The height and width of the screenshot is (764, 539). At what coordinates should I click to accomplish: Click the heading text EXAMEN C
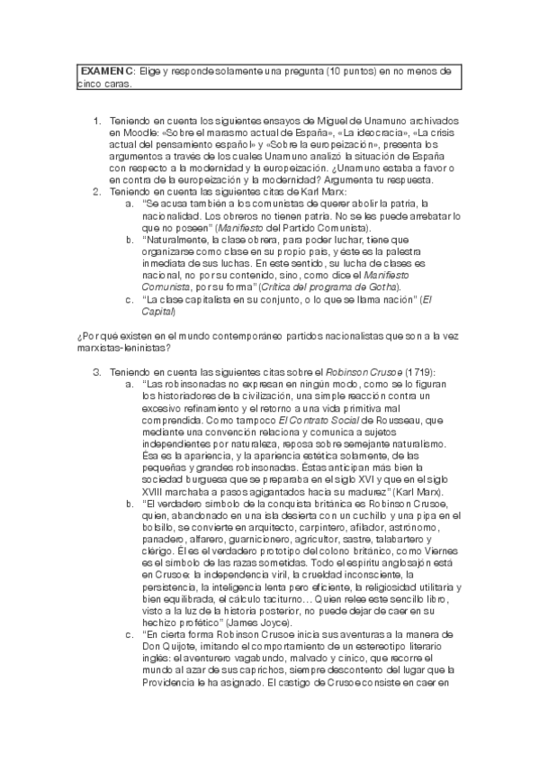(x=107, y=70)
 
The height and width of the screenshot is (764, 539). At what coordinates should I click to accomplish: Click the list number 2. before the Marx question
(x=97, y=191)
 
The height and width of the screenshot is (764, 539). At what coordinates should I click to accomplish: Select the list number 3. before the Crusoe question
(x=97, y=370)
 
